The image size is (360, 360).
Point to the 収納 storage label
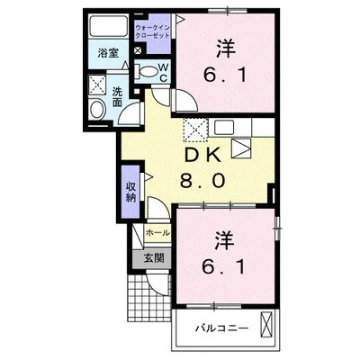click(x=131, y=190)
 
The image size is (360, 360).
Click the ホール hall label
click(x=157, y=232)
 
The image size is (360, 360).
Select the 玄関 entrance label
click(x=154, y=257)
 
